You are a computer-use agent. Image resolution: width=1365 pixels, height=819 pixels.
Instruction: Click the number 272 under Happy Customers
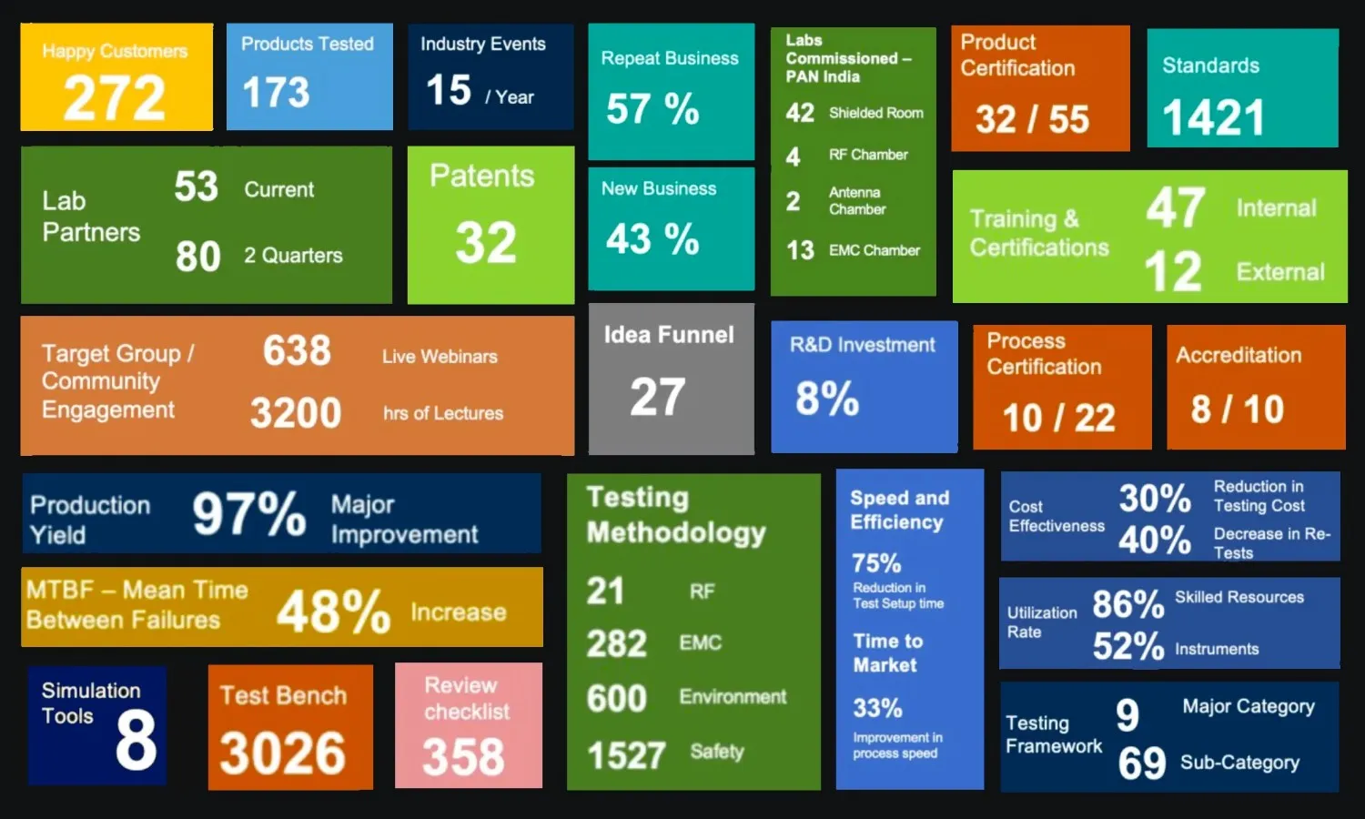[115, 98]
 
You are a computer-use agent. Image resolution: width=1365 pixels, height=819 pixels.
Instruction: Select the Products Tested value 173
[276, 93]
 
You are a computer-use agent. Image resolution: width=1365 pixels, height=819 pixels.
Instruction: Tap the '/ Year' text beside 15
[510, 97]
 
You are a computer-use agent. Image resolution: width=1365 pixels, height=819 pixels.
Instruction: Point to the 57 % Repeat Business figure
[652, 110]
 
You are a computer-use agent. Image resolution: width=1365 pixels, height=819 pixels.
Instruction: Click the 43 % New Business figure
[652, 240]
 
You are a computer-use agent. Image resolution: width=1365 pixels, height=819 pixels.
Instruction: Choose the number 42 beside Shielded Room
[800, 113]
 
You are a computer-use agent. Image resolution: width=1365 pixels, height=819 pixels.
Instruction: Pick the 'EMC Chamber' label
[874, 250]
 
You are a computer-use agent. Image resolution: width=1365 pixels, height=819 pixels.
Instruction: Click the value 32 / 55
[1032, 119]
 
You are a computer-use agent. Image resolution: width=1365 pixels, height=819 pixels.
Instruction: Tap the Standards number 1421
[1213, 118]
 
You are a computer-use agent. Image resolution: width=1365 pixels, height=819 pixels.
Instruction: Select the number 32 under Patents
[486, 243]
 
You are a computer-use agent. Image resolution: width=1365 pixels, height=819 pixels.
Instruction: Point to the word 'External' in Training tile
[1279, 272]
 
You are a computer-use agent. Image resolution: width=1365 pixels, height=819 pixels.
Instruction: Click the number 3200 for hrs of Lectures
[296, 413]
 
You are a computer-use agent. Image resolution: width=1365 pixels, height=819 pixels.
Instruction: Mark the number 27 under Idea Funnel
[657, 398]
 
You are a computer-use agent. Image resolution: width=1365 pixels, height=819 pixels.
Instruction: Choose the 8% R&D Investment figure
[827, 399]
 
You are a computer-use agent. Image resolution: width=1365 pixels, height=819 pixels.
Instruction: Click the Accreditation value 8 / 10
[1237, 409]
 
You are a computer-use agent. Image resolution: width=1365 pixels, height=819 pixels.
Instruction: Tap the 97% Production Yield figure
[248, 515]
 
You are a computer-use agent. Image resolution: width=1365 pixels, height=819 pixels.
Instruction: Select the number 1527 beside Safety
[626, 755]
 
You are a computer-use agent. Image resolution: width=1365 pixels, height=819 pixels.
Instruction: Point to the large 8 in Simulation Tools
[136, 741]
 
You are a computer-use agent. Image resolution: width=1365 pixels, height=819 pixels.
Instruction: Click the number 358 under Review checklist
[463, 757]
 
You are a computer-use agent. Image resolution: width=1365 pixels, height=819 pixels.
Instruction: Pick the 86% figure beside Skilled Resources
[1127, 604]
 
